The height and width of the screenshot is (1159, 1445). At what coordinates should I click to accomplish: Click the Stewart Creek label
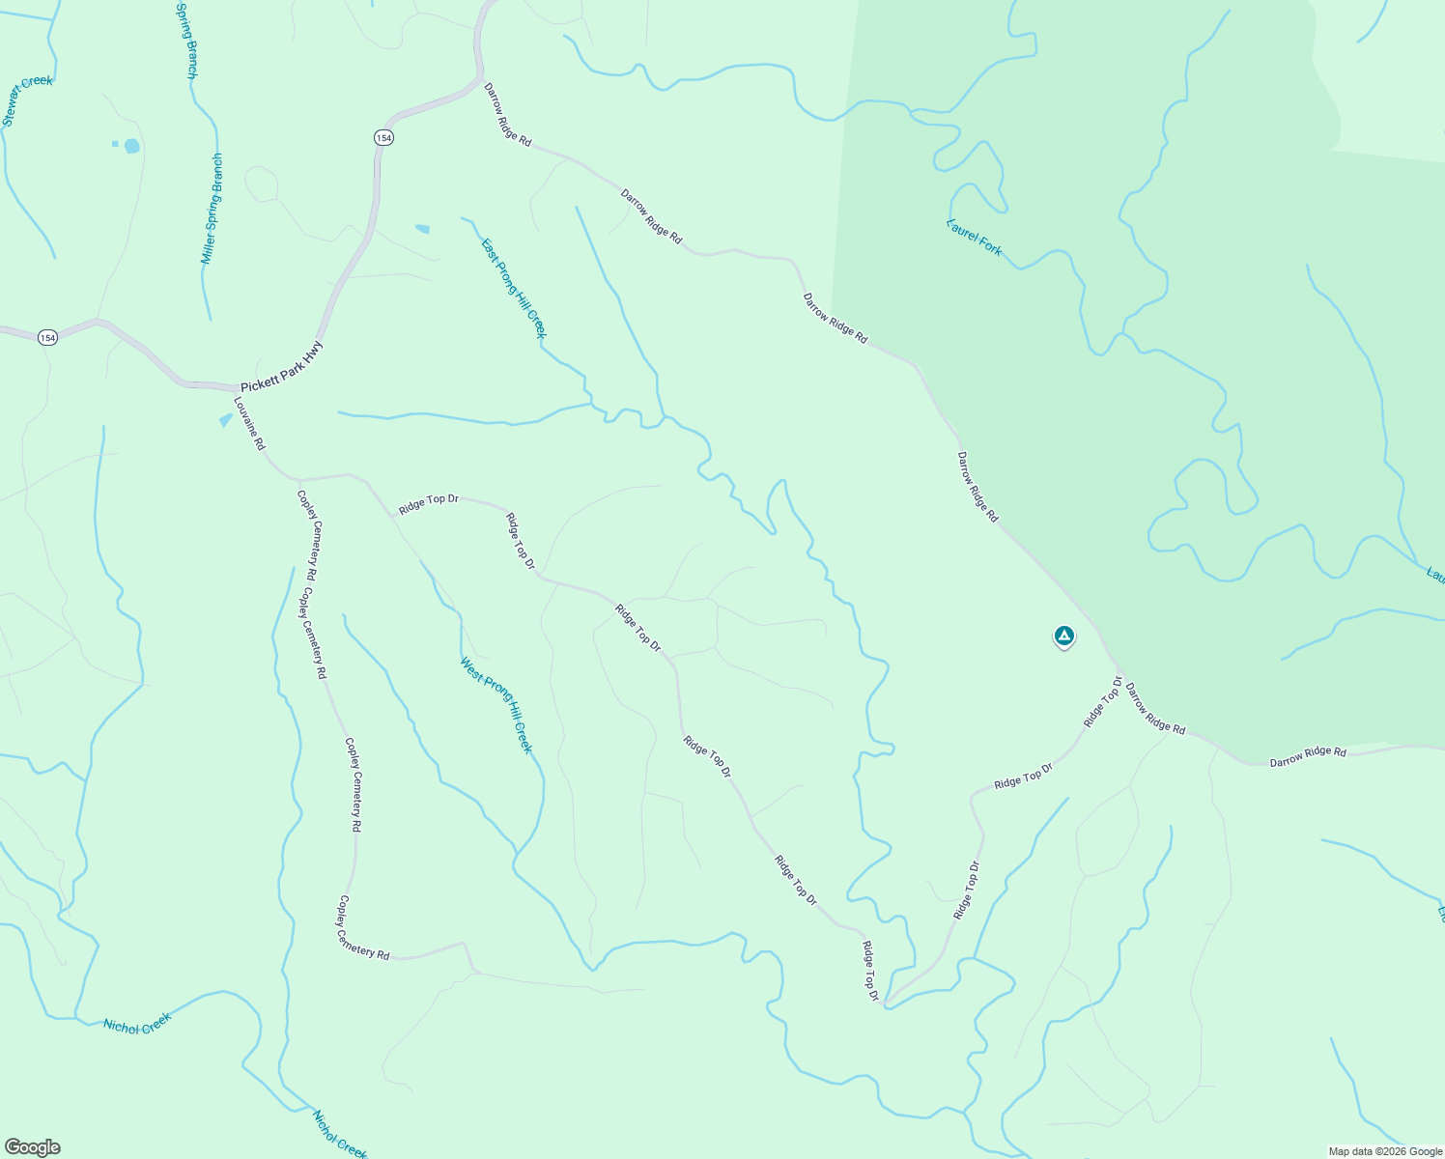27,100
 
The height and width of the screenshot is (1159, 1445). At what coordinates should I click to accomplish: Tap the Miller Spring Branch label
212,209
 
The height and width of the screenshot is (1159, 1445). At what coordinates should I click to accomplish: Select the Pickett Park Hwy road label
282,367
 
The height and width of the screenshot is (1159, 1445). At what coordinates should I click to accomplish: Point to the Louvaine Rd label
249,424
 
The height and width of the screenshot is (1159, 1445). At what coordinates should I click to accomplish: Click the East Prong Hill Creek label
513,288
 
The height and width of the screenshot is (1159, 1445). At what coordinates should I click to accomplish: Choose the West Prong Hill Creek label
496,705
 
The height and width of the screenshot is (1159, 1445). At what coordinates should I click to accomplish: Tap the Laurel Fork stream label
975,237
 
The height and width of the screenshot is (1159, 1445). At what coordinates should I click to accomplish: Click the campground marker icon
1063,636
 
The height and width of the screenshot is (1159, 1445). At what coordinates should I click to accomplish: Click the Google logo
32,1147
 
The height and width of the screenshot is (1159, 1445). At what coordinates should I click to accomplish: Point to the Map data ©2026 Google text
1384,1151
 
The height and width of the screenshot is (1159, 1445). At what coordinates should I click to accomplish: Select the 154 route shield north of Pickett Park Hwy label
384,138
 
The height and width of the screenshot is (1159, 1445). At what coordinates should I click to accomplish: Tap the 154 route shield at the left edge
47,337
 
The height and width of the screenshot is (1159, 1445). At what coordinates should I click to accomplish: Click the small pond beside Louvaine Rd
226,419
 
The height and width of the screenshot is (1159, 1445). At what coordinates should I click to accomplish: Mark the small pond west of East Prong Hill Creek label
422,229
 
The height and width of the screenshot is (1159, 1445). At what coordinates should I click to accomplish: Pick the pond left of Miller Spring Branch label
131,146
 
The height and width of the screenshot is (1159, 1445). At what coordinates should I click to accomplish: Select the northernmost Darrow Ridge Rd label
507,114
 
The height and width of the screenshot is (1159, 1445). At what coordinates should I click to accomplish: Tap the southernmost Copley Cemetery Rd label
362,928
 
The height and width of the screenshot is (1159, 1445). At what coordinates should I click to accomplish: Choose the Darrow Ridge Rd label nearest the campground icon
1154,709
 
